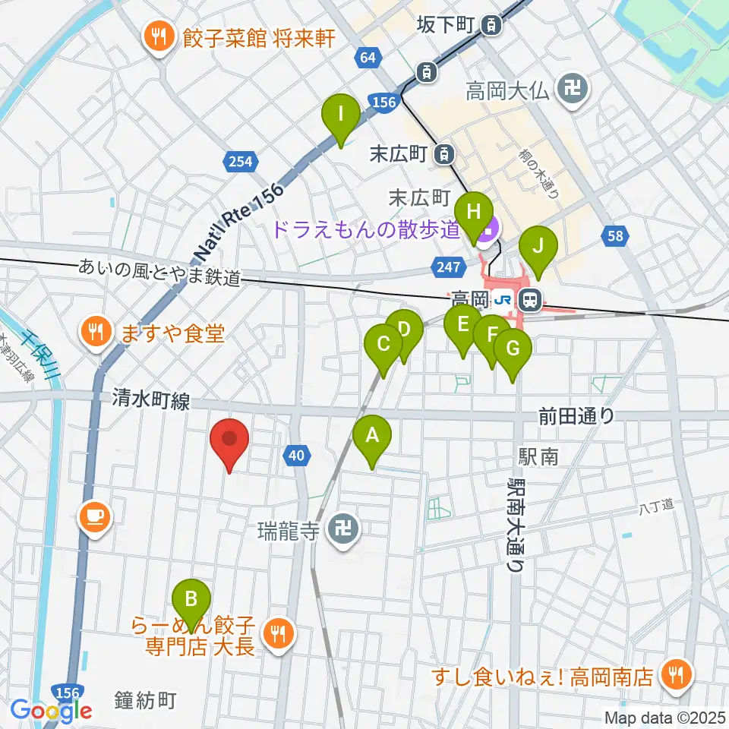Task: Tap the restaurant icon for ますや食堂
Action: pos(96,331)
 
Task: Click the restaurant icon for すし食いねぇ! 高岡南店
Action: pos(674,673)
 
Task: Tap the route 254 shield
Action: pos(239,160)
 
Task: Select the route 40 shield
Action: pos(297,456)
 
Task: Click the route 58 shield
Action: pos(616,236)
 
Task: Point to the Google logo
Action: pos(50,712)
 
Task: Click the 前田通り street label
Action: pos(576,415)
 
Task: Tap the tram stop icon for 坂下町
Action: pos(492,26)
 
